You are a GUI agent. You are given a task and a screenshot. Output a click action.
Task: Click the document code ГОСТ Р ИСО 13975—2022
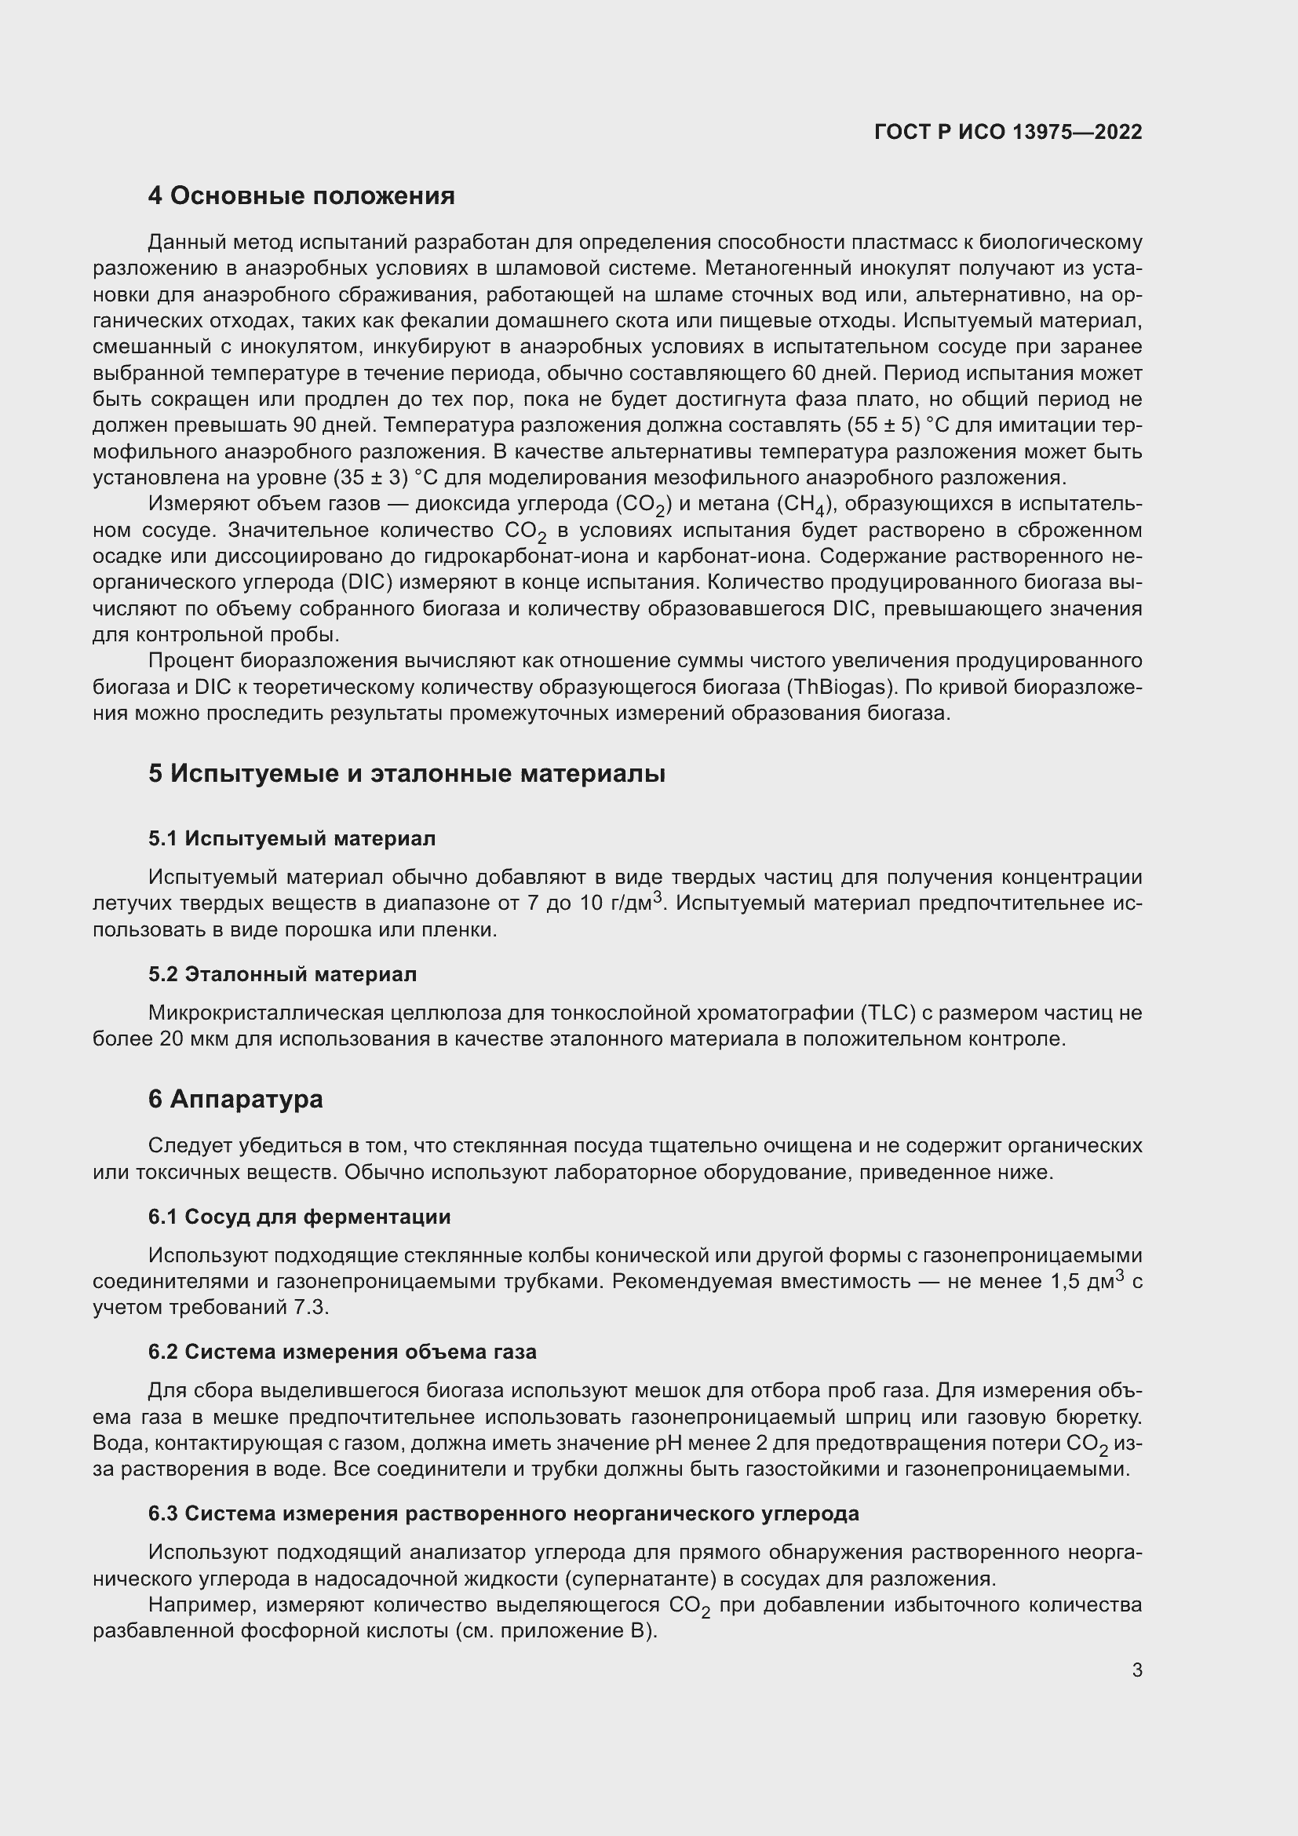click(x=1008, y=132)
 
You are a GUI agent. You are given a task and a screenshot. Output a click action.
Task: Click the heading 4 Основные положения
click(x=301, y=196)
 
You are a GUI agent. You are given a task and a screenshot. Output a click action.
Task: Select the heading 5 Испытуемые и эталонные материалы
click(x=407, y=773)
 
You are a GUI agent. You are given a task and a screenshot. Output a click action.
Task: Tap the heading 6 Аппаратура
click(x=235, y=1099)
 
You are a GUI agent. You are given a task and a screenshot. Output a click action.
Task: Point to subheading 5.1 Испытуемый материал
click(x=292, y=838)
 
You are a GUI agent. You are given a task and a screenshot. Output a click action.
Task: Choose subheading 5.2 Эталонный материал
click(x=283, y=974)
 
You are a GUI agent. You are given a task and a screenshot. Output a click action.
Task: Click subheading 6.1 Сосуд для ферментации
click(x=299, y=1216)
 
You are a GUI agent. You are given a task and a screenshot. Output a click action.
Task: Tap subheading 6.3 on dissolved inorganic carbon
click(x=504, y=1513)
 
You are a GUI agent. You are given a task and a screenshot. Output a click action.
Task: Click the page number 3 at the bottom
click(x=1136, y=1670)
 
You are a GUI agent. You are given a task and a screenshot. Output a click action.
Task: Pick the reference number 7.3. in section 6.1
click(x=313, y=1308)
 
